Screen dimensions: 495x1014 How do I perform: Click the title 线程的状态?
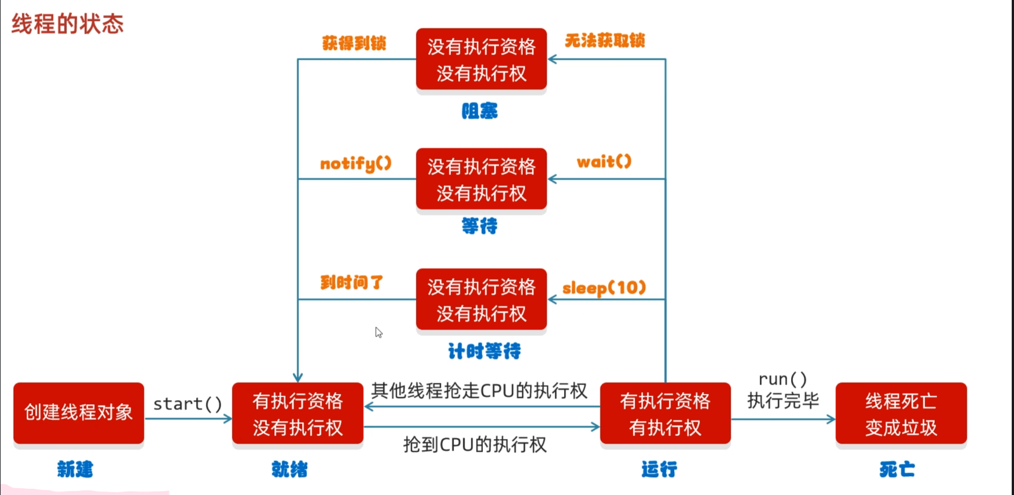click(67, 24)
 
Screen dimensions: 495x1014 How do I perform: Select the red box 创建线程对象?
click(79, 413)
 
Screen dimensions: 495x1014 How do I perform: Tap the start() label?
click(188, 404)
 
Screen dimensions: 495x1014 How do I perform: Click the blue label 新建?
click(75, 469)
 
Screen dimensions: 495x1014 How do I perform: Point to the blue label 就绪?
click(290, 469)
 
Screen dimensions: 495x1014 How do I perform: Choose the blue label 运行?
click(659, 469)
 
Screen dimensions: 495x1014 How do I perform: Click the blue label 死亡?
click(897, 469)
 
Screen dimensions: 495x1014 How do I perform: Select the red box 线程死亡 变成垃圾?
click(901, 414)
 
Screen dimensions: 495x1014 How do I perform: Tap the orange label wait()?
click(604, 162)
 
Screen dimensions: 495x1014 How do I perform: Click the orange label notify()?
click(356, 164)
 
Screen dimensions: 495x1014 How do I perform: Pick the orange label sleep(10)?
click(604, 288)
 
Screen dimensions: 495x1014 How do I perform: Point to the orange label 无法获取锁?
click(605, 40)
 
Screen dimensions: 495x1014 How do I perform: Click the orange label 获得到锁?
click(354, 43)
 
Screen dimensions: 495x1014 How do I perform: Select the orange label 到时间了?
click(352, 282)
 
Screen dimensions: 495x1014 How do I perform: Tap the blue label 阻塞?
click(479, 111)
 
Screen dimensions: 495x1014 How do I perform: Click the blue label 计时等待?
click(484, 351)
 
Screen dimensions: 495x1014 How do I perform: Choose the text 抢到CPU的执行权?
click(475, 445)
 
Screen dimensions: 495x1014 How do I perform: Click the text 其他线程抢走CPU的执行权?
click(479, 391)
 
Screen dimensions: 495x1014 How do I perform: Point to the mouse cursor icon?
click(378, 332)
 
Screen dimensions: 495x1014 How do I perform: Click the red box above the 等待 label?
click(482, 180)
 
